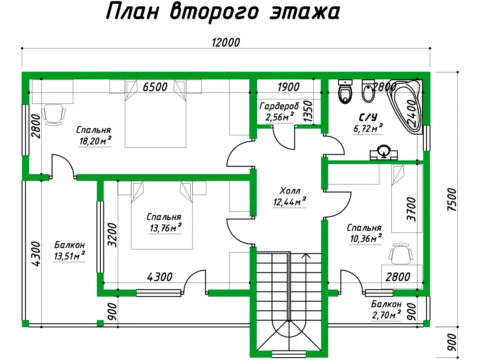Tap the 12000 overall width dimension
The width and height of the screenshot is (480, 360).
tap(226, 42)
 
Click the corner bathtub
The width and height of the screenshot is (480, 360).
tap(405, 106)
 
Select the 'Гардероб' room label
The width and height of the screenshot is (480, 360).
tap(279, 106)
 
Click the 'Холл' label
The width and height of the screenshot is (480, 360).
tap(290, 191)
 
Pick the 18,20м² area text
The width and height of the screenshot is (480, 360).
tap(95, 141)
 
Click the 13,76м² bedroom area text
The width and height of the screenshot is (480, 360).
tap(165, 228)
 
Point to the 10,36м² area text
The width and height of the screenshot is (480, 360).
tap(366, 238)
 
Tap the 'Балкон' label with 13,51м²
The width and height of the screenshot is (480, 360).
tap(69, 245)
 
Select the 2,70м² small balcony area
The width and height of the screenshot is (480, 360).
tap(386, 315)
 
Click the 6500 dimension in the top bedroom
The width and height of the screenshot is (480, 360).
tap(155, 87)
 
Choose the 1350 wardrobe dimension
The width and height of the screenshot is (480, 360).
tap(308, 111)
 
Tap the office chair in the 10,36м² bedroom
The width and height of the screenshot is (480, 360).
tap(401, 254)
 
